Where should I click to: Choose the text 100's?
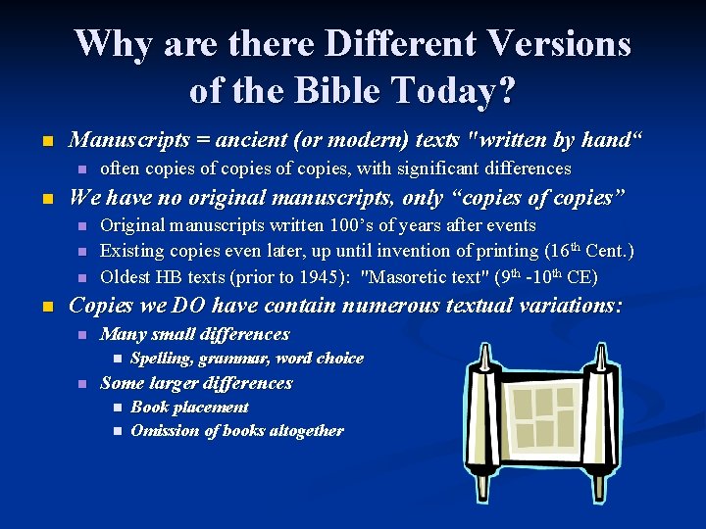click(x=364, y=226)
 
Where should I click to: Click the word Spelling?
click(x=166, y=359)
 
